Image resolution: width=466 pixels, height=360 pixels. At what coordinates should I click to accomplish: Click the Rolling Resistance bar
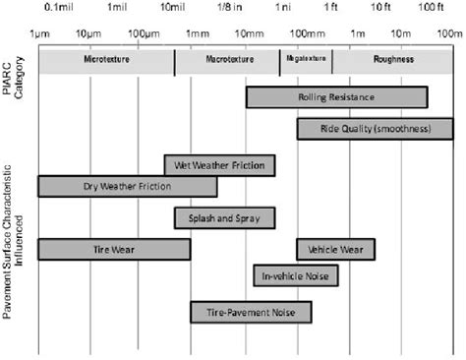click(x=336, y=97)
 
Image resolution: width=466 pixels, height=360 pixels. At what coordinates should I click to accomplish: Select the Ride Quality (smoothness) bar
click(x=375, y=129)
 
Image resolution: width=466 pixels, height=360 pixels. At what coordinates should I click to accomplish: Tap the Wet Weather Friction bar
click(x=219, y=165)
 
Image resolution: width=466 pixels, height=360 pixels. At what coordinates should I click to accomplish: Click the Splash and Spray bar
click(x=224, y=217)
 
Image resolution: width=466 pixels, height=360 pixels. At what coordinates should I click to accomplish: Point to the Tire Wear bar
click(x=113, y=249)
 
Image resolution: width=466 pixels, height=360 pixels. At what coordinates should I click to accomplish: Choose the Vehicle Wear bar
click(x=335, y=249)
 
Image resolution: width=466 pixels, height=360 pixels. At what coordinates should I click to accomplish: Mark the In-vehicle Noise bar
click(x=296, y=275)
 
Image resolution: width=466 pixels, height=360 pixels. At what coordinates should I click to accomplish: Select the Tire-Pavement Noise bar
click(x=251, y=312)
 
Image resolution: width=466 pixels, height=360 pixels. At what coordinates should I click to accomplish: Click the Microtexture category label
click(x=106, y=61)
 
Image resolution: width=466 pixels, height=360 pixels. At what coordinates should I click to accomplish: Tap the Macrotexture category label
click(x=227, y=61)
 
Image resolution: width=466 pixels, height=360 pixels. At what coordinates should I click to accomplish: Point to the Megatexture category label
click(x=306, y=61)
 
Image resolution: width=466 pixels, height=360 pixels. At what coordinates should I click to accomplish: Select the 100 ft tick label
click(x=429, y=8)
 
